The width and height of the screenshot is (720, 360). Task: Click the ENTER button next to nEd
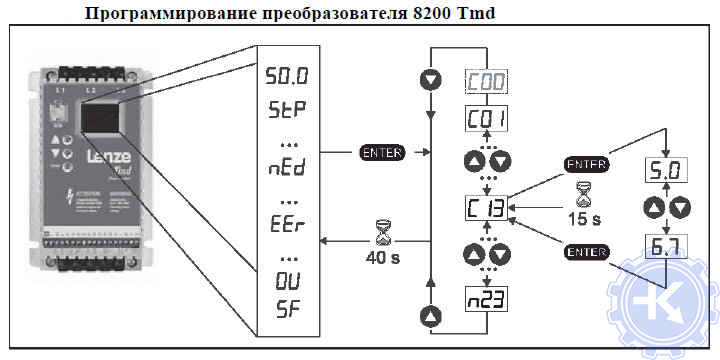click(x=380, y=153)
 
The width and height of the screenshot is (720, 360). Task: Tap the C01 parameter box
click(x=486, y=120)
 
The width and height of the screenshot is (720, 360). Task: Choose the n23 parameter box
click(x=486, y=298)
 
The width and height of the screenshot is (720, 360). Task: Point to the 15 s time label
click(x=577, y=219)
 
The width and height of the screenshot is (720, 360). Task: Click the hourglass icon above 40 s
click(x=381, y=233)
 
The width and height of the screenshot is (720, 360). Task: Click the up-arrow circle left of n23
click(x=430, y=315)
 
